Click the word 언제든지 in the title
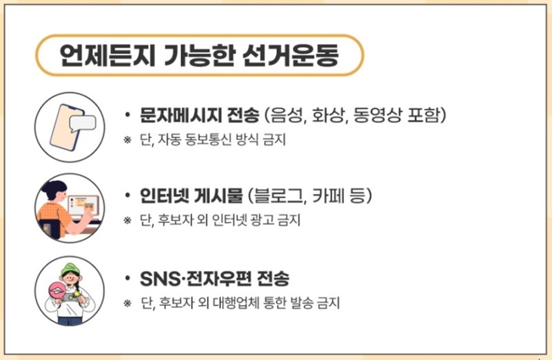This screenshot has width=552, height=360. tap(108, 56)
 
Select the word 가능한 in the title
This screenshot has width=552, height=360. tap(200, 56)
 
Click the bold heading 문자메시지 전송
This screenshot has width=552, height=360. tap(200, 115)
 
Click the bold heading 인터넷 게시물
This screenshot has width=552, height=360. tap(191, 196)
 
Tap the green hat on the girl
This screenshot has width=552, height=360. tap(70, 269)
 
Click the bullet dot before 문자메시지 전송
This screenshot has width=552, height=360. tap(128, 115)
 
